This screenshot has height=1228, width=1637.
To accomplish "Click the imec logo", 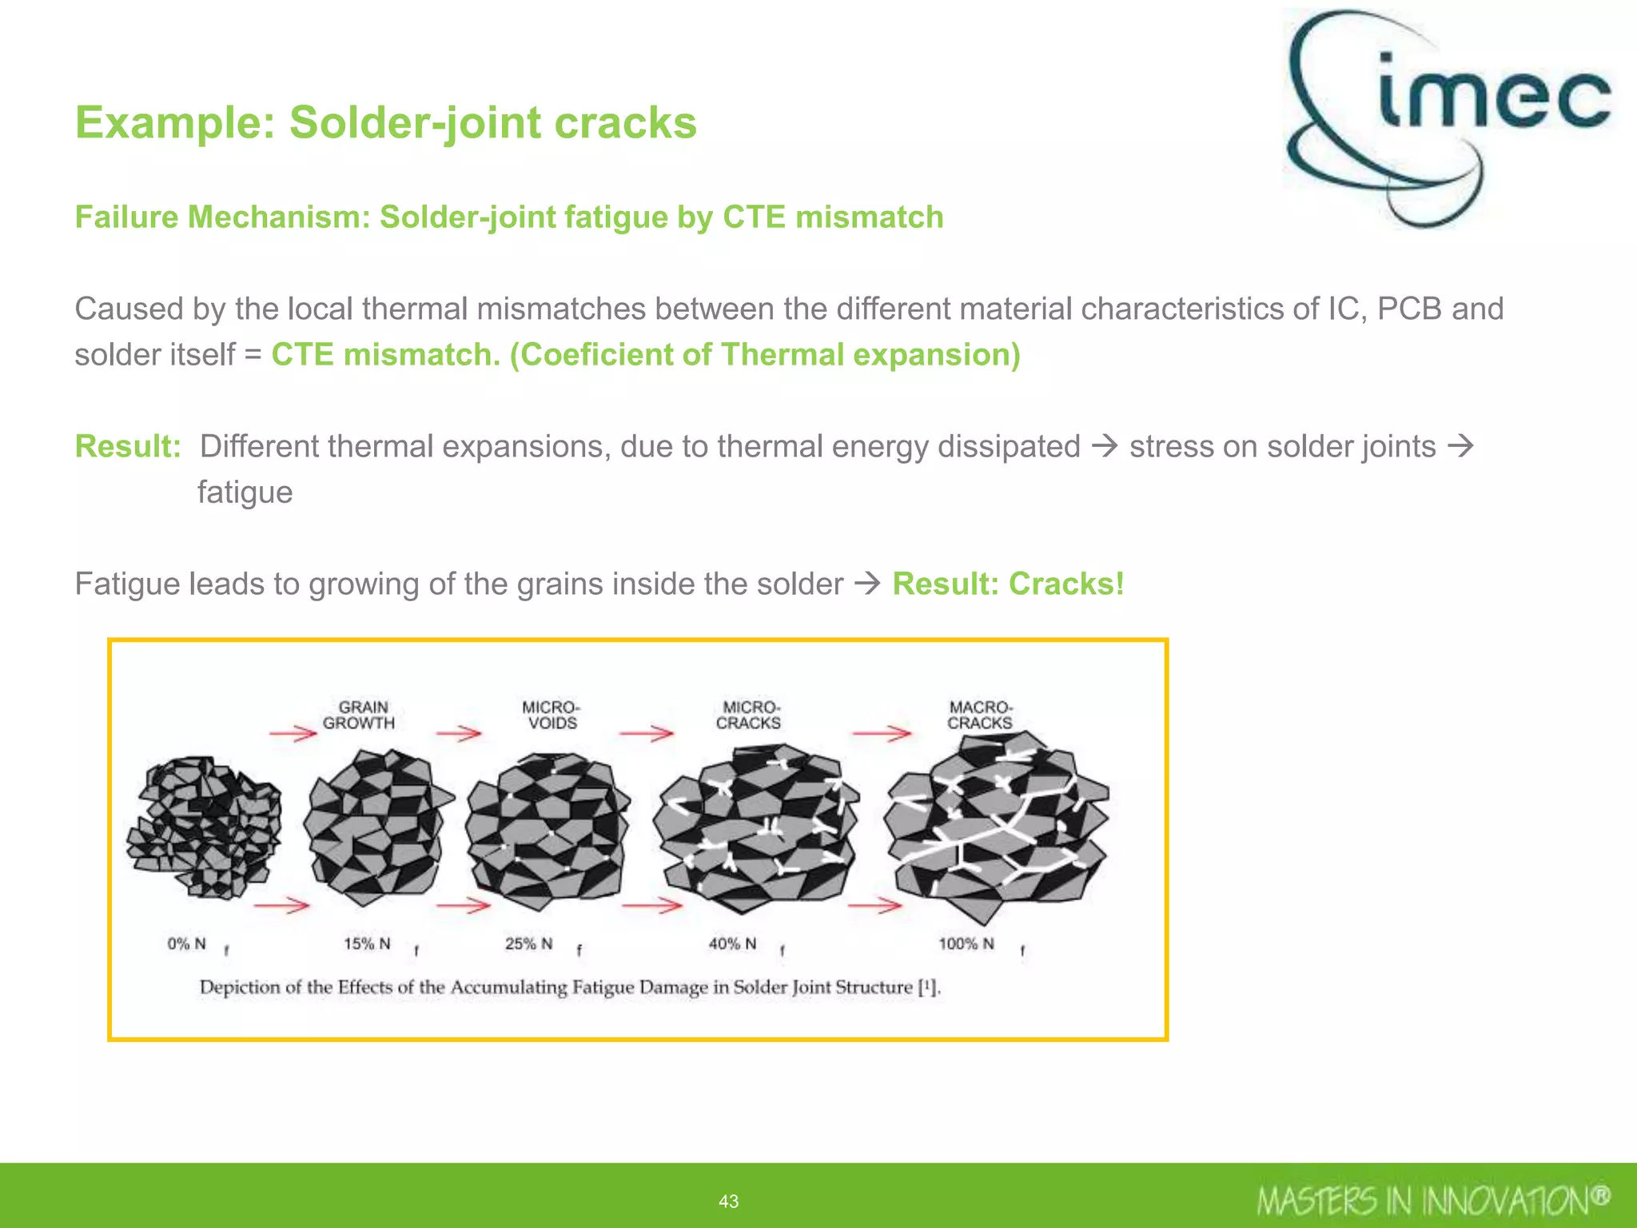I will pyautogui.click(x=1447, y=116).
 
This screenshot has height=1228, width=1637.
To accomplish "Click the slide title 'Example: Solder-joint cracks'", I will pyautogui.click(x=385, y=122).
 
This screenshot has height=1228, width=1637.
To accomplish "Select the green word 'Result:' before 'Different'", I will pyautogui.click(x=128, y=446).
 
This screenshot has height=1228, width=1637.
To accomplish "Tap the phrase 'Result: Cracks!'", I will pyautogui.click(x=1008, y=584).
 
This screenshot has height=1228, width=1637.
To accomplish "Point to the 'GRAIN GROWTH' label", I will pyautogui.click(x=359, y=715).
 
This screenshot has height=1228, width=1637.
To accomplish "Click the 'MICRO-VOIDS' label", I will pyautogui.click(x=551, y=715).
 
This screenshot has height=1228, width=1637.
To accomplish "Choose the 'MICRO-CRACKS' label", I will pyautogui.click(x=749, y=715).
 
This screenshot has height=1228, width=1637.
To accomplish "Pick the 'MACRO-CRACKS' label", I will pyautogui.click(x=980, y=715).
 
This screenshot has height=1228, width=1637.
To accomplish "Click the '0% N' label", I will pyautogui.click(x=187, y=944).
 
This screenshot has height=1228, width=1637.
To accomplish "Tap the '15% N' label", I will pyautogui.click(x=367, y=944).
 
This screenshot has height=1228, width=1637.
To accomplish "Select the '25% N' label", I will pyautogui.click(x=528, y=944).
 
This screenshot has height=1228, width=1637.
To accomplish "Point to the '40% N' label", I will pyautogui.click(x=732, y=944).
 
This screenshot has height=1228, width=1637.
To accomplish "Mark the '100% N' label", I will pyautogui.click(x=966, y=944).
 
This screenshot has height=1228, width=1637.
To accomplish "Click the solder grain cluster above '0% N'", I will pyautogui.click(x=205, y=827).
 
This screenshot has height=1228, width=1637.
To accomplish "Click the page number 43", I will pyautogui.click(x=728, y=1201).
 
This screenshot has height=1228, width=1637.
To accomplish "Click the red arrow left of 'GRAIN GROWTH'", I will pyautogui.click(x=293, y=733).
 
